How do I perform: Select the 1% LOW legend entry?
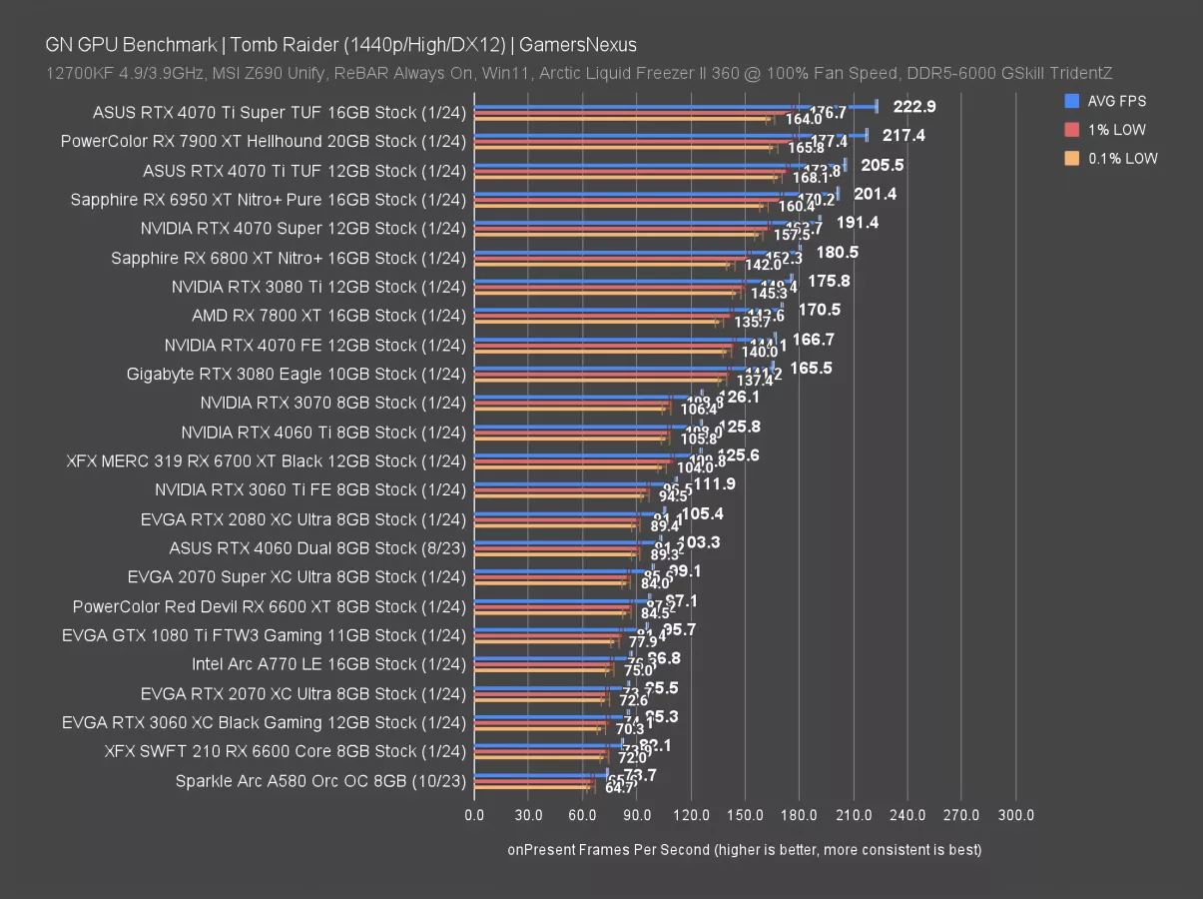pyautogui.click(x=1116, y=130)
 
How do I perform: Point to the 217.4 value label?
pyautogui.click(x=904, y=135)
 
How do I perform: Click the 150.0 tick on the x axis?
pyautogui.click(x=745, y=816)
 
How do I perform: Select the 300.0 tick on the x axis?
pyautogui.click(x=1015, y=816)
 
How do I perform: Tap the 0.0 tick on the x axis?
pyautogui.click(x=475, y=816)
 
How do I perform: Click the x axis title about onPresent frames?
pyautogui.click(x=745, y=850)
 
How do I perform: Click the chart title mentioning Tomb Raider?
pyautogui.click(x=340, y=45)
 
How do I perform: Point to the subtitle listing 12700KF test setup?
pyautogui.click(x=579, y=73)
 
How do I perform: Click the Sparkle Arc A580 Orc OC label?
pyautogui.click(x=320, y=781)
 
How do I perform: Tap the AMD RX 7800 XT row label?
pyautogui.click(x=328, y=316)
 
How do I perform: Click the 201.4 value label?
pyautogui.click(x=875, y=194)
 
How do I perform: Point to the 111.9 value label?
pyautogui.click(x=715, y=484)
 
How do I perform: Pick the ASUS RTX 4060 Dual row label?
pyautogui.click(x=317, y=548)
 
